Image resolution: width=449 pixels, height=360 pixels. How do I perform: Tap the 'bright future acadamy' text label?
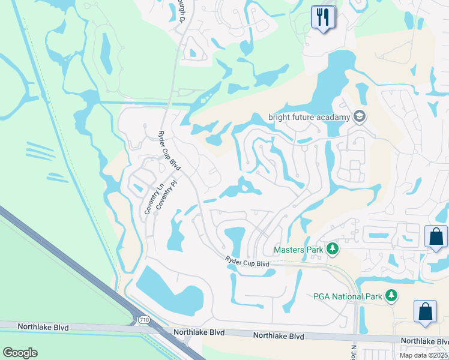309,116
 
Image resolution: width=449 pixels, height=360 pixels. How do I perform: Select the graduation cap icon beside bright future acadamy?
360,116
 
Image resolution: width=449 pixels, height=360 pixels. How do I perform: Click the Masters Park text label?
298,249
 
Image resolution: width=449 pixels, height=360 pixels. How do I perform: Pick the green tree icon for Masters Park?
331,249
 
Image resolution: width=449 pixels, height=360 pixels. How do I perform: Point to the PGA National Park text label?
347,296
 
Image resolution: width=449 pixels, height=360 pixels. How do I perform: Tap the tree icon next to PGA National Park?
391,296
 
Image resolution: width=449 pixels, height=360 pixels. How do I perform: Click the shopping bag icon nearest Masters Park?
435,236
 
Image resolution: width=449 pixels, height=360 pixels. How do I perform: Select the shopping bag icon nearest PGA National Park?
425,312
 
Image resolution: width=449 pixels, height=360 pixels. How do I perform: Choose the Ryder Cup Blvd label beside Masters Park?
247,263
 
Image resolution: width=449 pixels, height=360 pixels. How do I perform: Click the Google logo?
20,353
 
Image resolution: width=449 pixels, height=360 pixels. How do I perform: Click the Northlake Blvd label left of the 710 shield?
43,327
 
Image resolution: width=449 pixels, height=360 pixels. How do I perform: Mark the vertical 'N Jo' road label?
353,352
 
